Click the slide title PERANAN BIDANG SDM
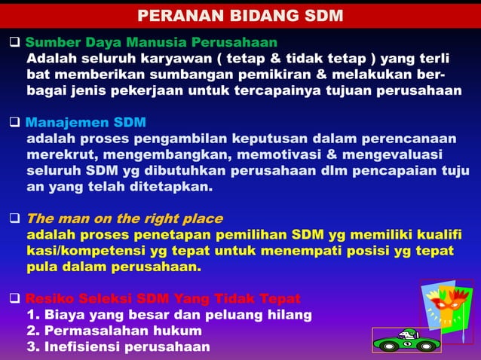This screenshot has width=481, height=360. point(240,16)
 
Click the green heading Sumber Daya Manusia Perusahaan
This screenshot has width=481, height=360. point(151,41)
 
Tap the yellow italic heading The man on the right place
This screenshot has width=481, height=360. point(124,219)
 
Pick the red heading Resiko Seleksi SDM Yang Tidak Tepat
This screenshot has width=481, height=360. point(163,297)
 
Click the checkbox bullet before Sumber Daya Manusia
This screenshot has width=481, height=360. point(14,41)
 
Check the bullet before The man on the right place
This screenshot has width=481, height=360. point(14,219)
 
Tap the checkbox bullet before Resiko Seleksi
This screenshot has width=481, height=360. point(14,297)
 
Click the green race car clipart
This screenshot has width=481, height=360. point(407,339)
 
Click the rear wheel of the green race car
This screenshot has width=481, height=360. point(426,345)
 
